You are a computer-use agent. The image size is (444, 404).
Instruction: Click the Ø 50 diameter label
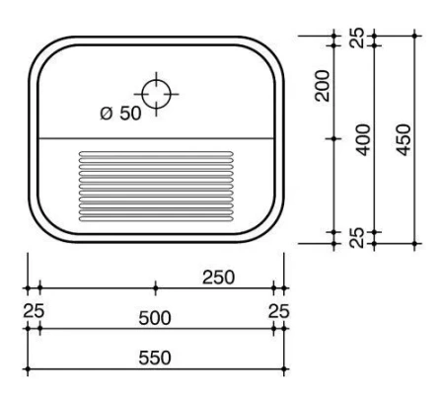pos(120,114)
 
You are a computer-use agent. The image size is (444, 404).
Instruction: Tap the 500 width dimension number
pos(155,317)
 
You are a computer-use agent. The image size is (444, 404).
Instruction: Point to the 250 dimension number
pos(218,277)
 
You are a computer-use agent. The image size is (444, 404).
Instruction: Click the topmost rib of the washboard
pos(155,152)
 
